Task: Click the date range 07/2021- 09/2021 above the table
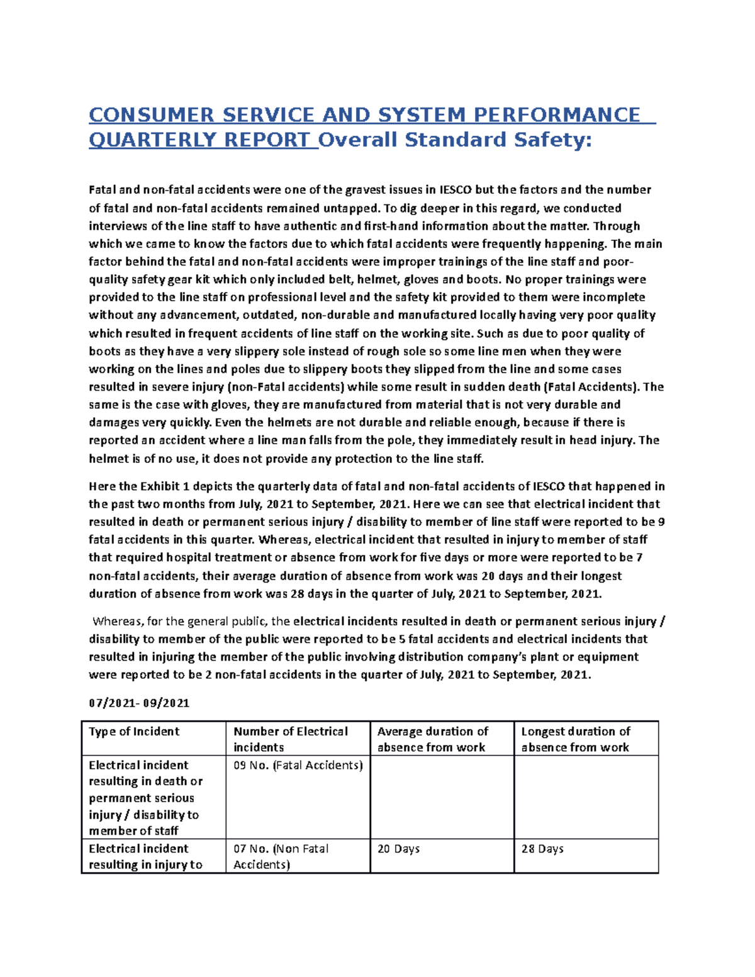[x=139, y=703]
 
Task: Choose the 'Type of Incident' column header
[x=134, y=732]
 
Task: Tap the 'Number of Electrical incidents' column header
[x=290, y=739]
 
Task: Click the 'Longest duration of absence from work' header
[x=575, y=739]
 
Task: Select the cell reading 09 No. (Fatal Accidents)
[x=298, y=766]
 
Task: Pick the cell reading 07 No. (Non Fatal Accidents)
[x=281, y=856]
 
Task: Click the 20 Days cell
[x=398, y=849]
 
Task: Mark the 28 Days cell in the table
[x=542, y=849]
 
